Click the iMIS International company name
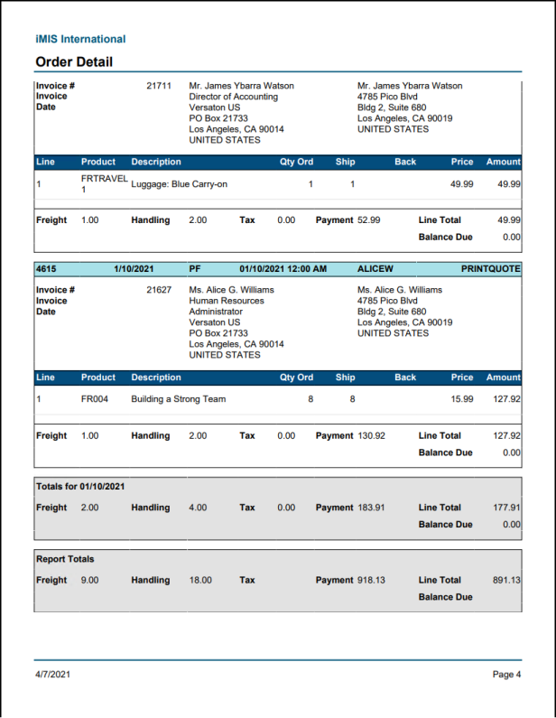click(x=80, y=39)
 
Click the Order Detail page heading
click(x=74, y=62)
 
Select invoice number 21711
click(x=159, y=86)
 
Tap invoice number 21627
click(x=159, y=290)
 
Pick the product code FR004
click(x=95, y=398)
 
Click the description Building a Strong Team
click(x=179, y=398)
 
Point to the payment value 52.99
click(x=368, y=219)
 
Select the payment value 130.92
click(x=371, y=435)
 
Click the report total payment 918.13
click(x=371, y=580)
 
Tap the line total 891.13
click(x=506, y=580)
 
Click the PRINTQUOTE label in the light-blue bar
click(x=490, y=268)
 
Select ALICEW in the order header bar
click(x=375, y=268)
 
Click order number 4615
click(x=46, y=268)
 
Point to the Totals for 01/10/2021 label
click(x=80, y=486)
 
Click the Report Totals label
click(x=65, y=558)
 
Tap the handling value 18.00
click(x=200, y=580)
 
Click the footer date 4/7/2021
click(x=52, y=674)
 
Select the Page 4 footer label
click(x=506, y=674)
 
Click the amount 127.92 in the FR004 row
click(x=506, y=398)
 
